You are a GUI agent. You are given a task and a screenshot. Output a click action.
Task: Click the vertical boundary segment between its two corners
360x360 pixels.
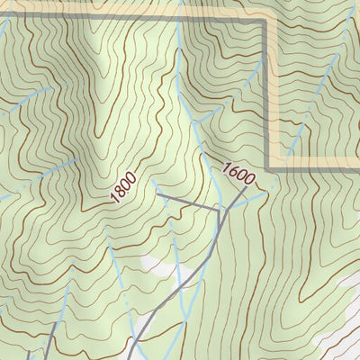point(267,90)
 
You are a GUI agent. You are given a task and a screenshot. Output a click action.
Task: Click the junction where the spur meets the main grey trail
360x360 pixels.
point(220,211)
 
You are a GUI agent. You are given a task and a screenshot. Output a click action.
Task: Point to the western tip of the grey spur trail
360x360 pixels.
point(157,193)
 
